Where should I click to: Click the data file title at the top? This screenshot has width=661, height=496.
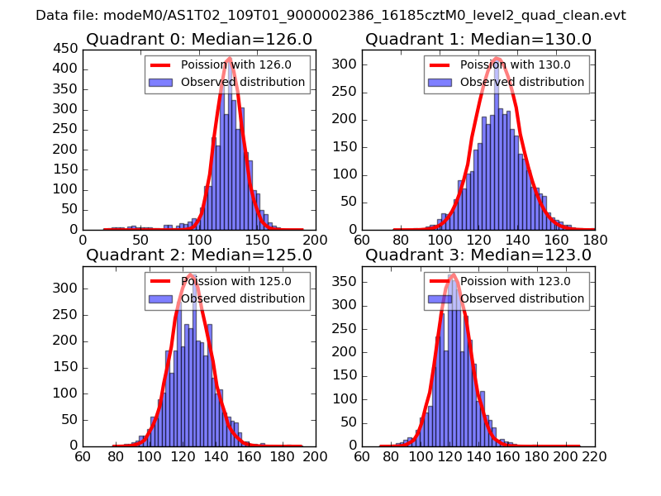[330, 16]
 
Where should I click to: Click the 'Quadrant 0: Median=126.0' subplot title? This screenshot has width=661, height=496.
[198, 39]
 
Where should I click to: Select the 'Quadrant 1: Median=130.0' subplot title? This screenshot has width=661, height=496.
[478, 39]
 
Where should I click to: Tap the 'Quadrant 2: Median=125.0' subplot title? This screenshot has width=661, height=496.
[198, 255]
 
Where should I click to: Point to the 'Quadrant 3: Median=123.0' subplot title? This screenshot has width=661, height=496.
[478, 255]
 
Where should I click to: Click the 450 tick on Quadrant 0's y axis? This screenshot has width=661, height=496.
[65, 49]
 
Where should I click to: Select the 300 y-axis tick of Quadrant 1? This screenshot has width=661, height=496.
[345, 64]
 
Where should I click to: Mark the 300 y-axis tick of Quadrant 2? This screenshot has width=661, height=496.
[65, 288]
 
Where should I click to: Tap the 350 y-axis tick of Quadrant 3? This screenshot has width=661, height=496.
[345, 281]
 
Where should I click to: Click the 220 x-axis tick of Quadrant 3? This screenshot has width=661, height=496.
[594, 455]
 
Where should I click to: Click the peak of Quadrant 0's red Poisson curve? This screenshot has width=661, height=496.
[229, 58]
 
